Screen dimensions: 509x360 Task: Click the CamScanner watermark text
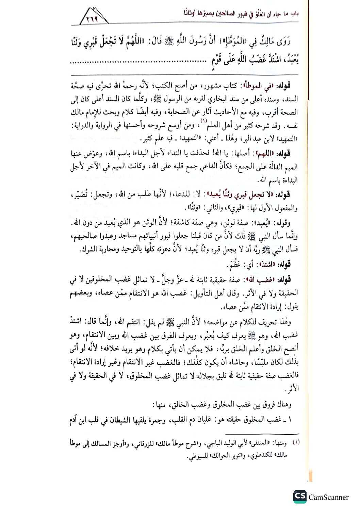(x=328, y=497)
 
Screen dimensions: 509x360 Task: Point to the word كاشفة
(x=177, y=223)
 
